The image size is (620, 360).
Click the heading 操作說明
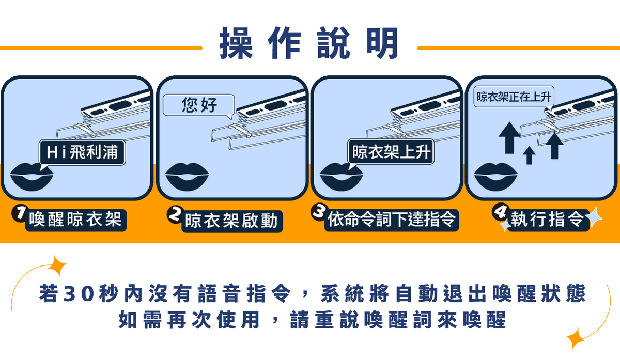309,43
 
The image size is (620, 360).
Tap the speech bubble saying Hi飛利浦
82,152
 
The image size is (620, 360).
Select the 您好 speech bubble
199,105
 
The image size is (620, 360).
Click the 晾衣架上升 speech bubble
391,152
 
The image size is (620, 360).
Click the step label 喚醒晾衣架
75,220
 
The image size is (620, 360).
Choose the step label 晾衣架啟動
232,221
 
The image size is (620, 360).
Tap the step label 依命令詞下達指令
392,220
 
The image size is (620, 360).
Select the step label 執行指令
548,220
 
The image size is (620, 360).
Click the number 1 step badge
20,213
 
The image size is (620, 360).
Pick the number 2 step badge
175,214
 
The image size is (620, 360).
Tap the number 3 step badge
318,212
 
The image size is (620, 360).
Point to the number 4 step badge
500,211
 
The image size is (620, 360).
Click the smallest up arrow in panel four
529,155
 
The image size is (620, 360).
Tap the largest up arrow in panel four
509,138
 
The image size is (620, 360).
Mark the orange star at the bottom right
576,338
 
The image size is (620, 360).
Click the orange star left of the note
57,265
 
